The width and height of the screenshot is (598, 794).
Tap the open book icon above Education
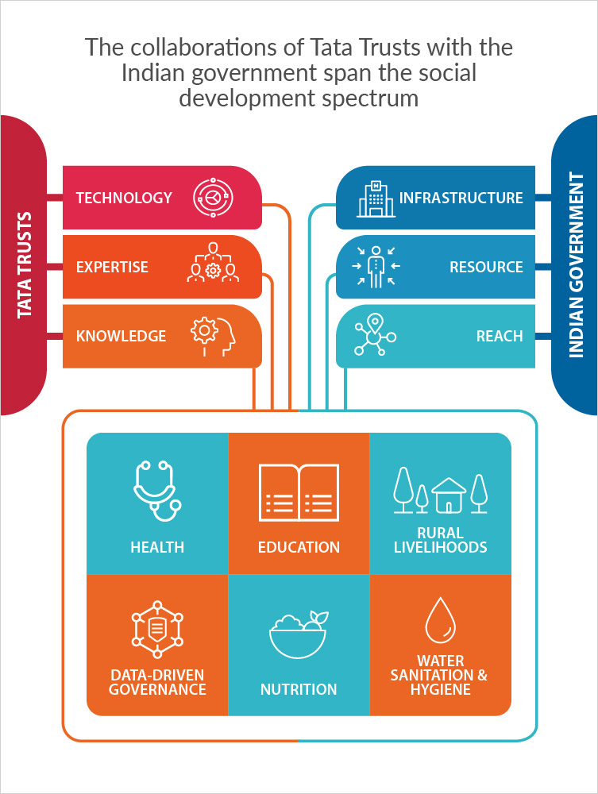pos(299,493)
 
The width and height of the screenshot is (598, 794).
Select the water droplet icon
pos(441,620)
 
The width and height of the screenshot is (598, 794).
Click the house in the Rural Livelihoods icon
pos(448,495)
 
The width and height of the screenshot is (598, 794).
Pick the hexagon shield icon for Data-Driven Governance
pos(157,630)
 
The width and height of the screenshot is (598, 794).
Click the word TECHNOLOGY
pos(124,198)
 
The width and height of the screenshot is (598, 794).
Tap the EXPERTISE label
pos(112,267)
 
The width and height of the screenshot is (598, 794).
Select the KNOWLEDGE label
pos(121,336)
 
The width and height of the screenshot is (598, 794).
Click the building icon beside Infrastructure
pos(376,198)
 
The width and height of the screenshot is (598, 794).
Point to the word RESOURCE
pos(486,267)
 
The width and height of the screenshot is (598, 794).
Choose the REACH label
pos(500,336)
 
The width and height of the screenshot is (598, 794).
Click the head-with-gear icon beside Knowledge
pos(213,336)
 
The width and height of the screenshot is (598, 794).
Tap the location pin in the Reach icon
pos(375,322)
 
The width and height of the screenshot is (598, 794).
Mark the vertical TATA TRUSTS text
pos(25,265)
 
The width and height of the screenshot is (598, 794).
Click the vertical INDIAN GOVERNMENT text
pos(576,265)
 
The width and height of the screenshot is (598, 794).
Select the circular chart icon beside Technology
pos(213,198)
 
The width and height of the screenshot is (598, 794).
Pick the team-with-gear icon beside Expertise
pos(213,262)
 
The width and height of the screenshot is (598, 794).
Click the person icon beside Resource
pos(376,266)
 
